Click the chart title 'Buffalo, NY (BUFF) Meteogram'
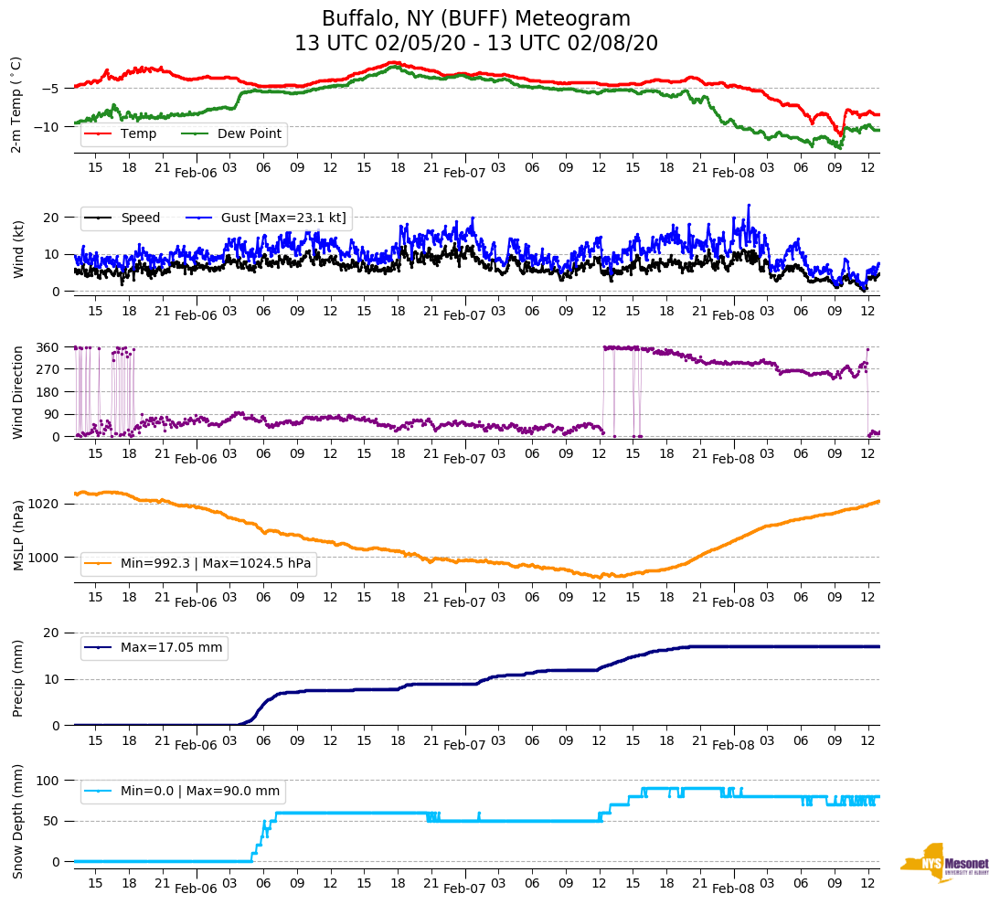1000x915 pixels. click(476, 19)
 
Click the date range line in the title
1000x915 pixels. click(476, 44)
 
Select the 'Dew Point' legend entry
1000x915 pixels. click(250, 134)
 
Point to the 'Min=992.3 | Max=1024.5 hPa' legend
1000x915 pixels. click(216, 564)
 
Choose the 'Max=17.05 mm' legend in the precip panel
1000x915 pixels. click(171, 648)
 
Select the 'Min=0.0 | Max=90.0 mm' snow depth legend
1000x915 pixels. click(201, 792)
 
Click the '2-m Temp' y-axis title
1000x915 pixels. click(16, 104)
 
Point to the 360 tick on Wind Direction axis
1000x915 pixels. click(48, 347)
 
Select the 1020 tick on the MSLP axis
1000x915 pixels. click(45, 504)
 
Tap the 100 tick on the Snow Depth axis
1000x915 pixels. click(48, 781)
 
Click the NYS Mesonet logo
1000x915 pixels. click(943, 863)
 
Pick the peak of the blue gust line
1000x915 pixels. click(749, 205)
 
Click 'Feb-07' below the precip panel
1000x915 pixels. click(464, 745)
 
